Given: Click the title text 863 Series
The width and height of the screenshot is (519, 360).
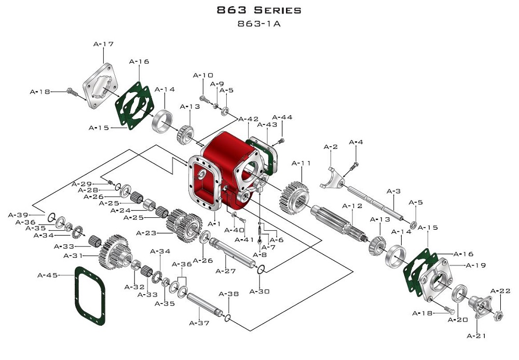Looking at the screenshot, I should pyautogui.click(x=258, y=10).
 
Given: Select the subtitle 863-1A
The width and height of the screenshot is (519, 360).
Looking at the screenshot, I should pyautogui.click(x=258, y=24).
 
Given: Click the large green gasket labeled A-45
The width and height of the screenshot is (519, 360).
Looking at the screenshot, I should pyautogui.click(x=91, y=296).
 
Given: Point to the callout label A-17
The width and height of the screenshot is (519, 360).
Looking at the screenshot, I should pyautogui.click(x=103, y=44).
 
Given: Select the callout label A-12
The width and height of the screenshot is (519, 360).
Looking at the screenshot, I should pyautogui.click(x=352, y=206).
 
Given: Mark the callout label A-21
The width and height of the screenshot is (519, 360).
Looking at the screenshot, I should pyautogui.click(x=476, y=336).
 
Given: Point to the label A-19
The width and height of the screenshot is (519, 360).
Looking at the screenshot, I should pyautogui.click(x=476, y=266).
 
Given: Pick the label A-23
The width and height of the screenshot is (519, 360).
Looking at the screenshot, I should pyautogui.click(x=146, y=233).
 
